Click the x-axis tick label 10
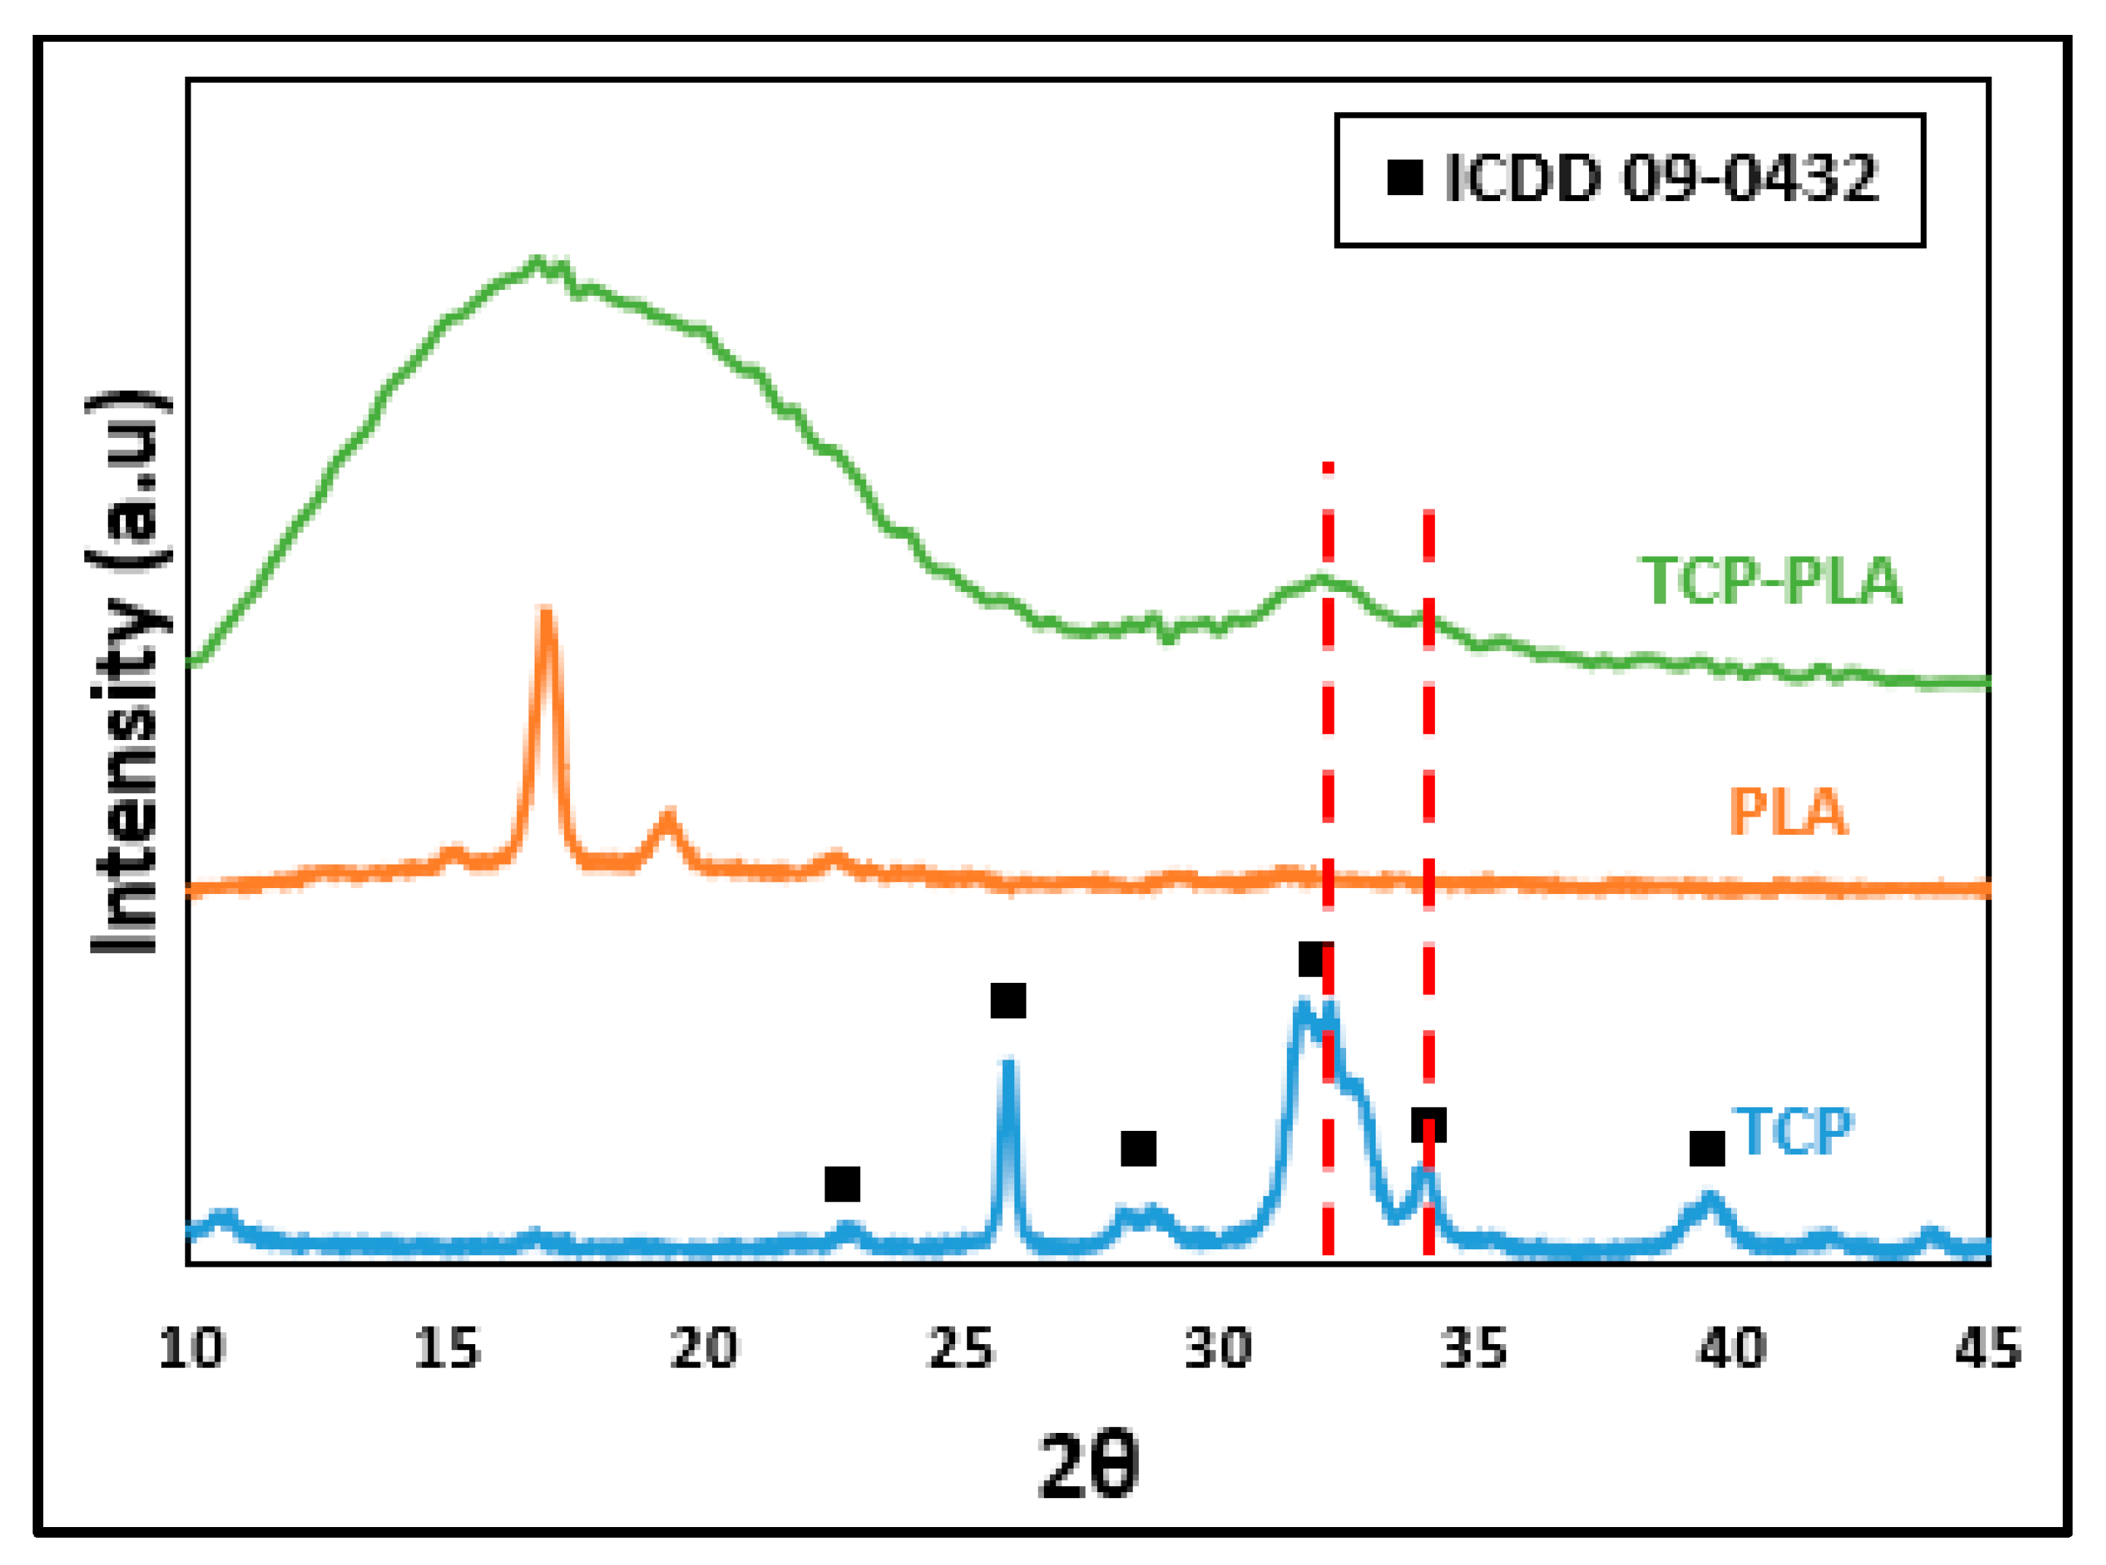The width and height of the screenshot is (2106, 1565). pos(191,1348)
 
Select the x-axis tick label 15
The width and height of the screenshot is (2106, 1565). pos(447,1348)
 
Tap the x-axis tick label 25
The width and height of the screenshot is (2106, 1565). pos(960,1348)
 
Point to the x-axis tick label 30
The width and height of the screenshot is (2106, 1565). pos(1219,1348)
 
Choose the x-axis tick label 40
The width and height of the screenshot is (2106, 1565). pos(1732,1348)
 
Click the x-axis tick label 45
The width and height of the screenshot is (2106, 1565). pos(1988,1348)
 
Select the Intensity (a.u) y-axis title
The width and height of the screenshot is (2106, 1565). pos(130,672)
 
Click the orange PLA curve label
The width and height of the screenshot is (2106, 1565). pos(1788,812)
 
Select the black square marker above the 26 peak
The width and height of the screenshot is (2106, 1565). pos(1008,1000)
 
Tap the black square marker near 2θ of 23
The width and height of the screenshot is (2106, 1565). pos(842,1184)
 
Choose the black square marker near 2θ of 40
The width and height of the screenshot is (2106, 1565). pos(1707,1149)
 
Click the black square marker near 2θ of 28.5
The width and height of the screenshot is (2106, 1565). pos(1139,1149)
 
